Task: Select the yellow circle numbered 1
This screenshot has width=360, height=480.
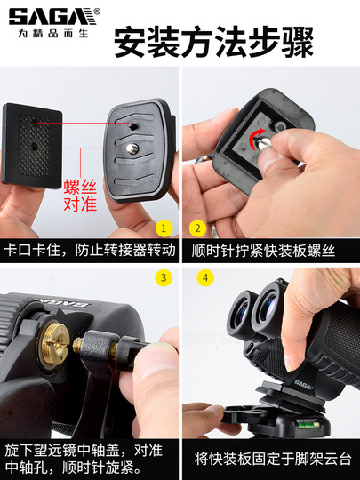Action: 163,228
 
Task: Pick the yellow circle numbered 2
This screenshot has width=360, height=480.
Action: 197,228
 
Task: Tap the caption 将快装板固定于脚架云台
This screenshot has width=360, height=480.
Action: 271,459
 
